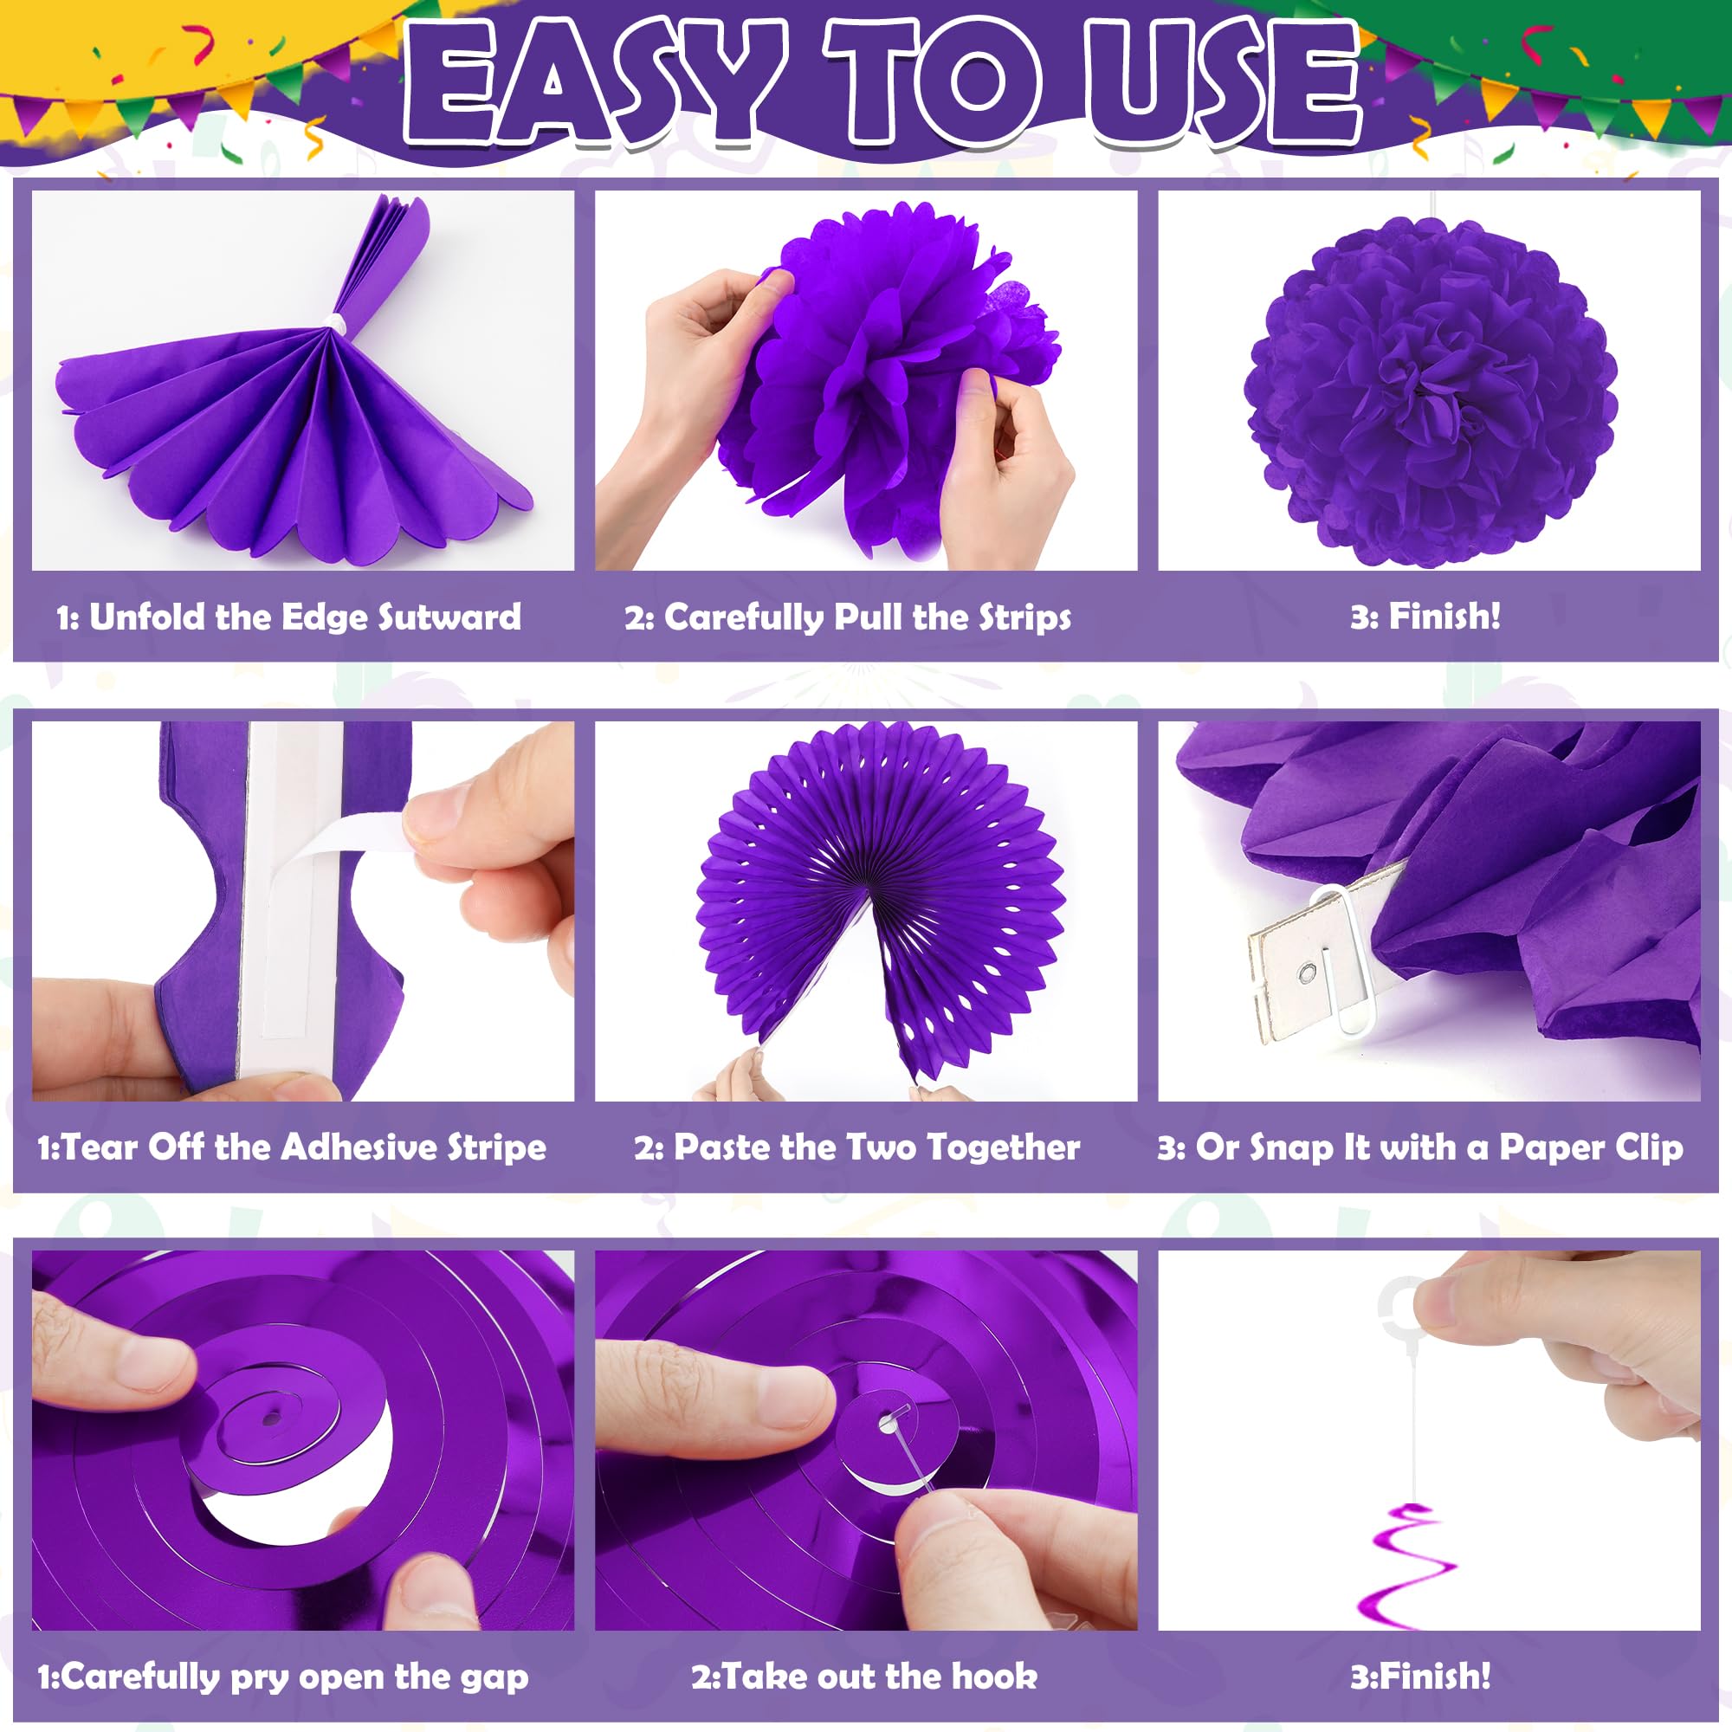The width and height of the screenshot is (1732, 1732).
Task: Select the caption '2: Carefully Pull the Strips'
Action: pos(848,617)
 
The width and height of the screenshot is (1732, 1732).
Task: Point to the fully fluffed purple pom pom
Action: pos(1429,391)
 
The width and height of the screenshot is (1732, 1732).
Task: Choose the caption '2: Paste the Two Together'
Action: pos(857,1147)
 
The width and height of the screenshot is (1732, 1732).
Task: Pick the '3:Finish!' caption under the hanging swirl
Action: pos(1421,1677)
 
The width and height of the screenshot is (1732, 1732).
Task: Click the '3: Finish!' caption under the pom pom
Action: pos(1425,617)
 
